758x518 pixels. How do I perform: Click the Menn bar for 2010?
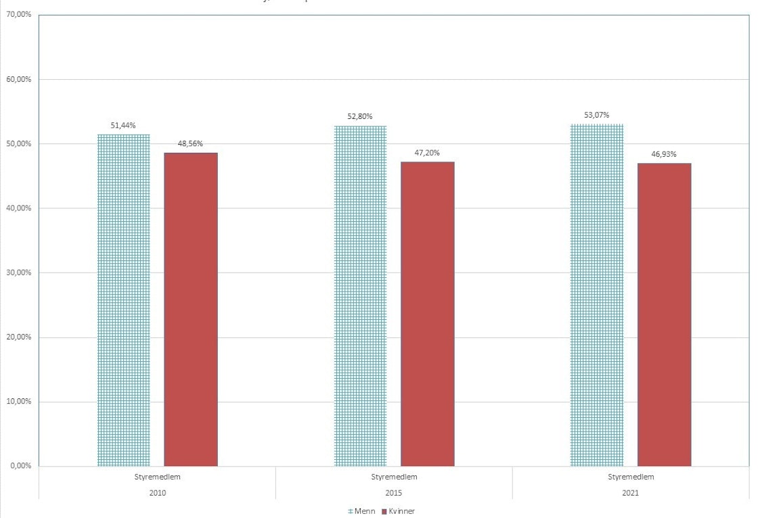coord(124,300)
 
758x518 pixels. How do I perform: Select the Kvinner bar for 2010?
coord(191,309)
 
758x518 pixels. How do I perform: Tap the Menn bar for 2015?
coord(360,296)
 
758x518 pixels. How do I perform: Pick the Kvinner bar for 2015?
coord(427,314)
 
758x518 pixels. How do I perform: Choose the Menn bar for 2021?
coord(597,295)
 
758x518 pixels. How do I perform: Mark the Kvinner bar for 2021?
coord(664,314)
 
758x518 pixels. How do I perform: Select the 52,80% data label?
coord(360,116)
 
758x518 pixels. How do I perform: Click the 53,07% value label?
coord(596,114)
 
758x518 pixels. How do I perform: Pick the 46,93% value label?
coord(663,154)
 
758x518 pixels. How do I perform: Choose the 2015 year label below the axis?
coord(394,492)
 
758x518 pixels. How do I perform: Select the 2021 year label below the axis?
coord(630,492)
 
